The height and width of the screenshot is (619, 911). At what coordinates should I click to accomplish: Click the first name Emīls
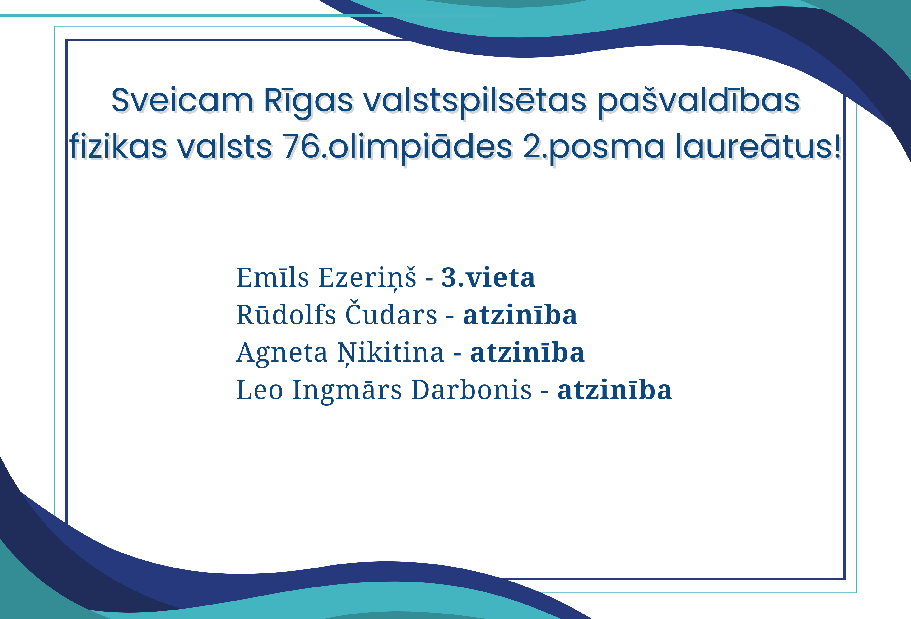tap(272, 277)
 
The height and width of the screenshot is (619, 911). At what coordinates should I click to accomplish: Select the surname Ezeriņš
tap(367, 277)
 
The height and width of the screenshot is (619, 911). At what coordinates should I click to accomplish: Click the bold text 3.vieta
tap(488, 277)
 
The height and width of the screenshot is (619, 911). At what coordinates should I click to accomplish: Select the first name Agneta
tap(281, 353)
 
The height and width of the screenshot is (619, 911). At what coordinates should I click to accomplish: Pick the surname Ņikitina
tap(391, 353)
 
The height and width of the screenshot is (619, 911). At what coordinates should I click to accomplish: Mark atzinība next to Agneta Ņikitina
tap(527, 353)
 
